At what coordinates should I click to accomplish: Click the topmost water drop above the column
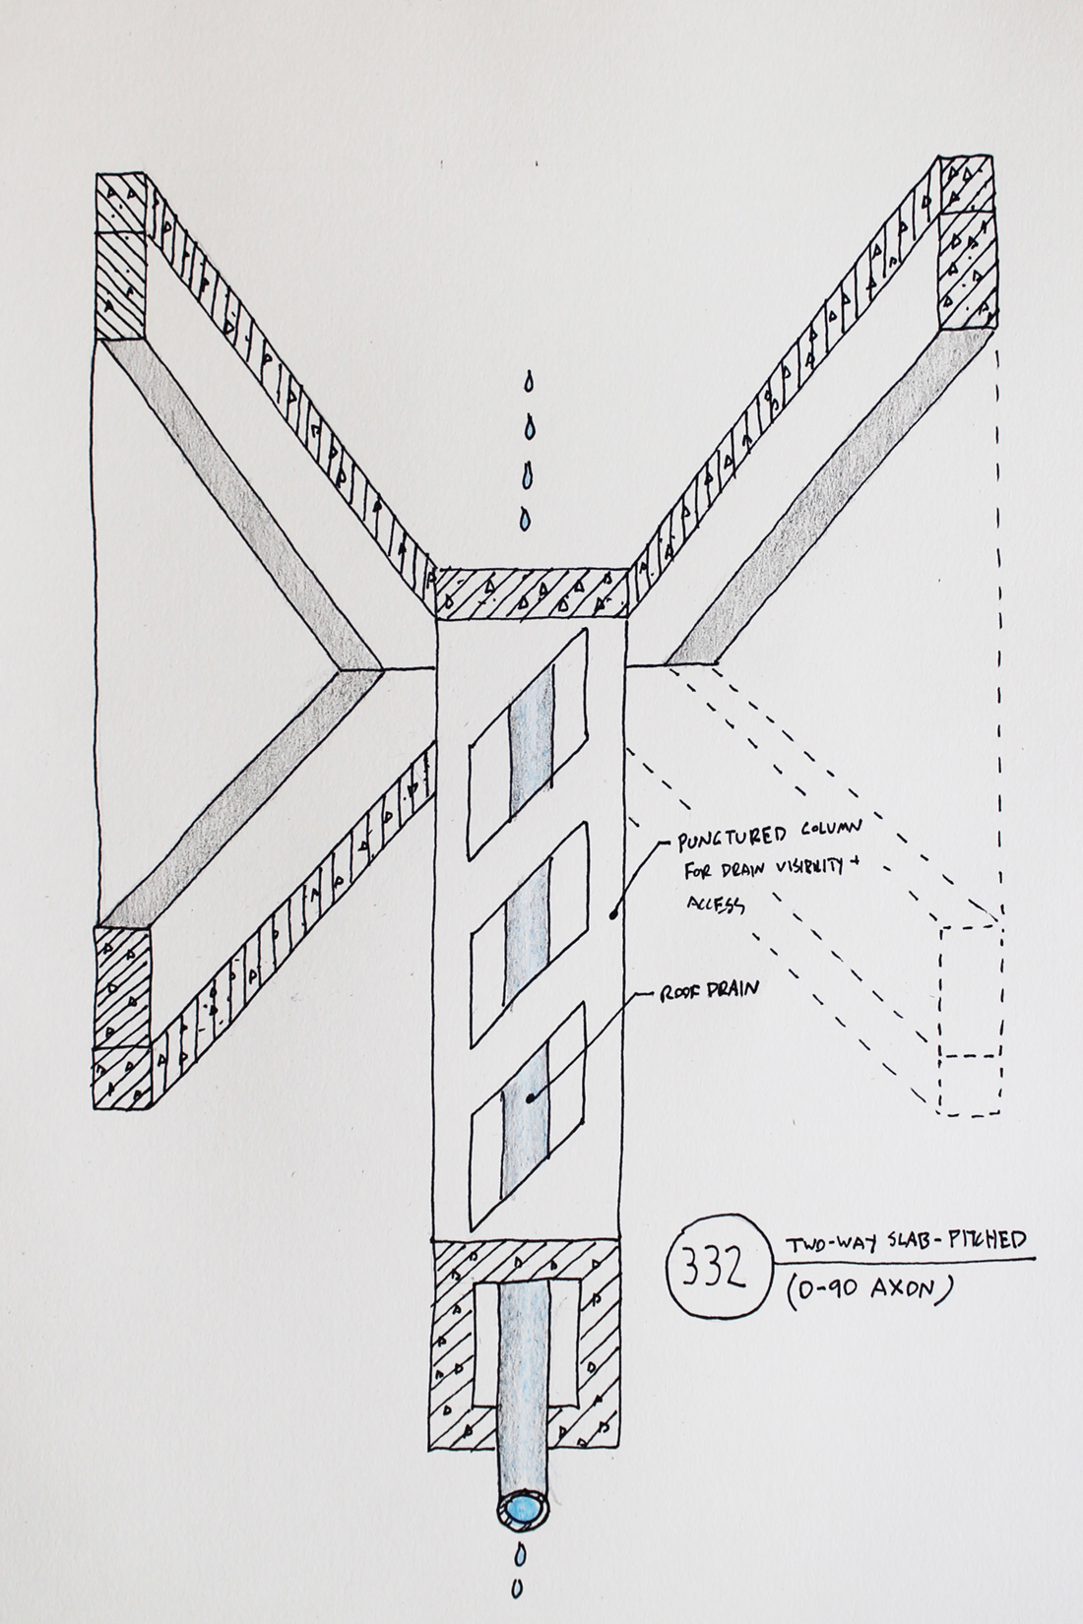point(530,379)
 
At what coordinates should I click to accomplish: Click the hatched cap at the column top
point(531,593)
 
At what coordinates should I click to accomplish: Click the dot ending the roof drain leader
point(531,1098)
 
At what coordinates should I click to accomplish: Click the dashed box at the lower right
point(972,1019)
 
